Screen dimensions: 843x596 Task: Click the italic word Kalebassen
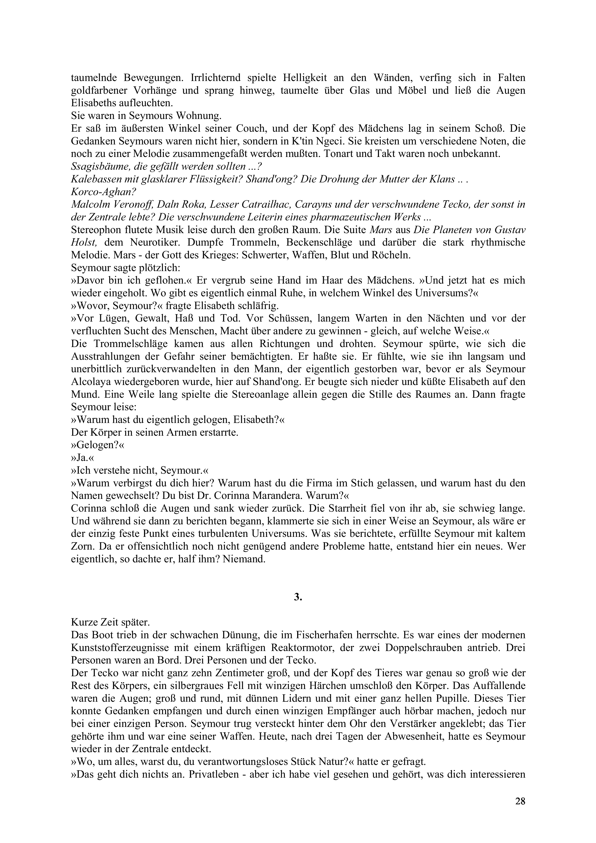[x=96, y=180]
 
